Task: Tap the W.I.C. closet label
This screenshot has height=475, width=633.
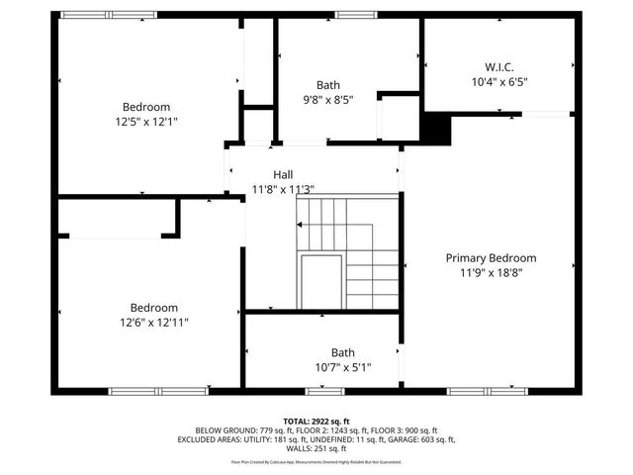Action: (499, 67)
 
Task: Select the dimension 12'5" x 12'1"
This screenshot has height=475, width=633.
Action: (146, 121)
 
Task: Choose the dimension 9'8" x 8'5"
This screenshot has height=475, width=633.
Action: (327, 99)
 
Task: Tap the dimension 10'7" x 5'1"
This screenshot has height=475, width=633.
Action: (342, 366)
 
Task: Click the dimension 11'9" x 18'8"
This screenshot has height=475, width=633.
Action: (491, 272)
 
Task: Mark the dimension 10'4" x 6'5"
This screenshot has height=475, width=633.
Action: (499, 82)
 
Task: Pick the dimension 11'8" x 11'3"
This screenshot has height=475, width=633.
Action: (283, 189)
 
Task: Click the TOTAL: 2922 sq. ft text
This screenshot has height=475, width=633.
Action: (316, 421)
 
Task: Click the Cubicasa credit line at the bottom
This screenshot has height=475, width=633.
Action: (316, 461)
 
